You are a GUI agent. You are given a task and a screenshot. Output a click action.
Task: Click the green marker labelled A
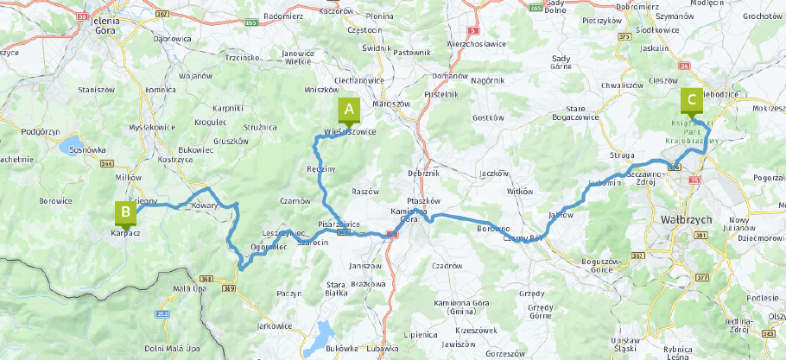(x=349, y=110)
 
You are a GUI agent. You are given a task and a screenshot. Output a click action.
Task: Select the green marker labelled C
(x=691, y=100)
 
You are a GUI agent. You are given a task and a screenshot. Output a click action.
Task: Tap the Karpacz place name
(x=126, y=232)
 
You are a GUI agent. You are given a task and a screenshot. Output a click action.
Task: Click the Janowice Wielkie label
(x=298, y=57)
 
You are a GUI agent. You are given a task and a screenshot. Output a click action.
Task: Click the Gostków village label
(x=488, y=117)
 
